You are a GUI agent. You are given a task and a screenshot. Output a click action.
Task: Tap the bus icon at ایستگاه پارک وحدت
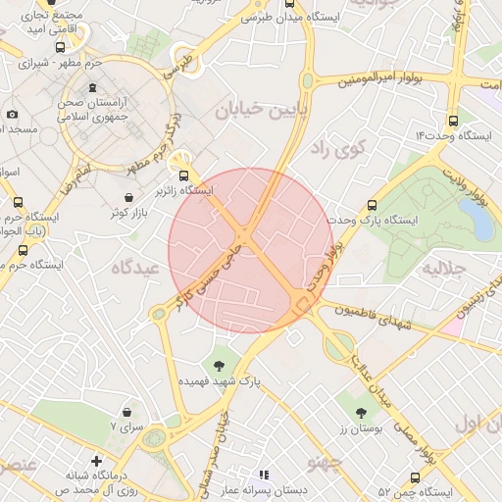point(372,206)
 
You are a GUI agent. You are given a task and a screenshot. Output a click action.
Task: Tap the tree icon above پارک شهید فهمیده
point(218,364)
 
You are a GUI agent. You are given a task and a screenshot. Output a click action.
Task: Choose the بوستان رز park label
point(360,428)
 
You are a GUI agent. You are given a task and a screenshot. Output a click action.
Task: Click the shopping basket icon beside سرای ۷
point(127,412)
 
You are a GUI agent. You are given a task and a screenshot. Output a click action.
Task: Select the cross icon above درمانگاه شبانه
point(96,461)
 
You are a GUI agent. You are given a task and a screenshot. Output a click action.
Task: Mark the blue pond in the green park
point(480,222)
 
